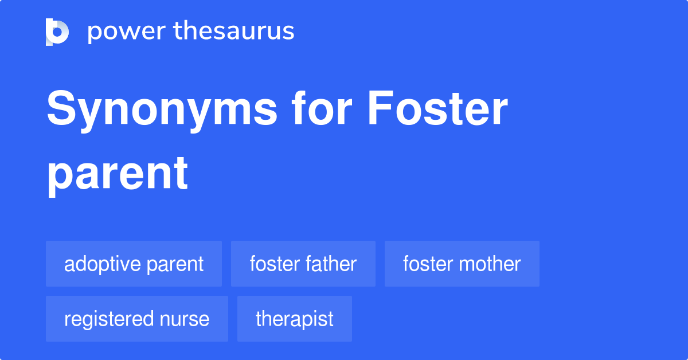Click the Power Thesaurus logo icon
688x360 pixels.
pyautogui.click(x=57, y=32)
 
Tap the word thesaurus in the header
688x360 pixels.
pyautogui.click(x=234, y=32)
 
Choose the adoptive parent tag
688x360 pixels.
pyautogui.click(x=134, y=264)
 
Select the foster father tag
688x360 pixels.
pyautogui.click(x=303, y=264)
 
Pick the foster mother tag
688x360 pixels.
pyautogui.click(x=462, y=264)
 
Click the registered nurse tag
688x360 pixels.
pyautogui.click(x=136, y=319)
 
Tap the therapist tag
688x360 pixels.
pyautogui.click(x=294, y=319)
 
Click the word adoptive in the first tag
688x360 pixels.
pyautogui.click(x=102, y=264)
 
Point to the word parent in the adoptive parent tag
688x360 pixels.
pyautogui.click(x=174, y=264)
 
